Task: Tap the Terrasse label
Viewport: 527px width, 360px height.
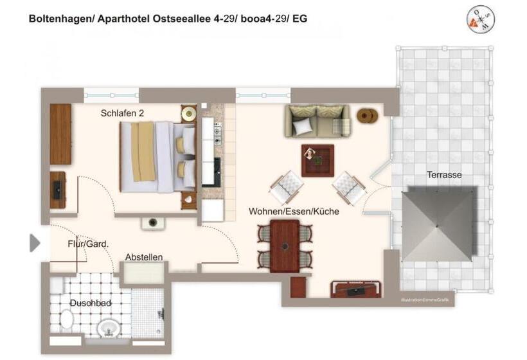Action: point(444,174)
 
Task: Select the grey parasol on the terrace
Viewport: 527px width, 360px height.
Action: point(440,223)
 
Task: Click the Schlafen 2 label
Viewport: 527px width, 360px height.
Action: point(122,113)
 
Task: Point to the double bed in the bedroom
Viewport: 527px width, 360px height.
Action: point(157,157)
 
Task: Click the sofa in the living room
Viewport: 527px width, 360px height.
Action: point(317,121)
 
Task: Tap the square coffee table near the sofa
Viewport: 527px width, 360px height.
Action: point(317,160)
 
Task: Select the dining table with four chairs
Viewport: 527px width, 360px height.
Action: point(285,245)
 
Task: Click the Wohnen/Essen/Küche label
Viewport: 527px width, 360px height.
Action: point(294,211)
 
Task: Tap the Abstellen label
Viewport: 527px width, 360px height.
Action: point(144,257)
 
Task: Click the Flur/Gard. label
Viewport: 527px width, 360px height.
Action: point(88,244)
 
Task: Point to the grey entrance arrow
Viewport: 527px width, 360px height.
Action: point(35,242)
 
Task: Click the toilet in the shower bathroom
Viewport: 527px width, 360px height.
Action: point(66,319)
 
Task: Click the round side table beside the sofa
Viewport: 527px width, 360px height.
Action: point(368,116)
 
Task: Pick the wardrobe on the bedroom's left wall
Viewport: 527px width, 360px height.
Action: point(60,134)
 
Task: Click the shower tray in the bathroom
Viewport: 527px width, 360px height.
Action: point(148,313)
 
